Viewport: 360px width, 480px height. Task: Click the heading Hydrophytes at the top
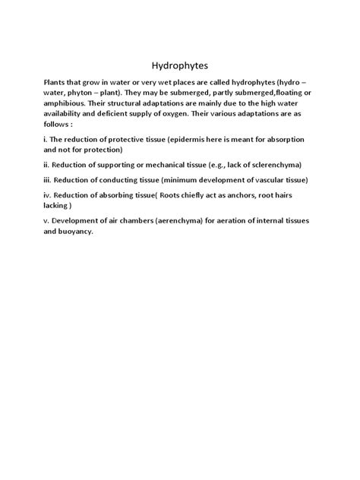[179, 65]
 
